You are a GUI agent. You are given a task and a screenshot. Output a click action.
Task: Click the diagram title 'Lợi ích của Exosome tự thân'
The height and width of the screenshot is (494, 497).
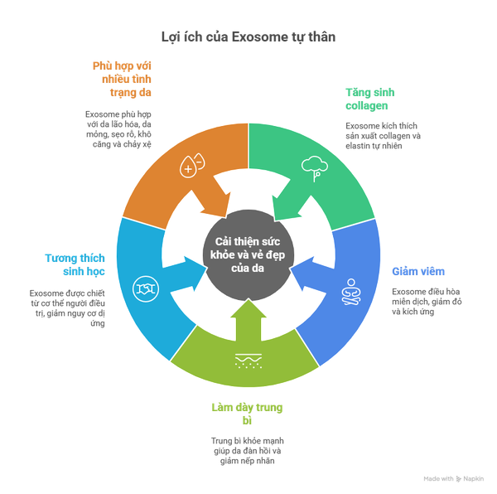pos(248,37)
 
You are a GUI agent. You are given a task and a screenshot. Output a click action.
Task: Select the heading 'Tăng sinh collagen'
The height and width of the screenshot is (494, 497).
pos(367,99)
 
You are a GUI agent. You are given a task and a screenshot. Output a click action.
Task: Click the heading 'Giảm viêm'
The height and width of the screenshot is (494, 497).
pos(418,271)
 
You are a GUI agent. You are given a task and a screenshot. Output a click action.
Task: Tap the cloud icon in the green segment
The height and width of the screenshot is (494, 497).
pos(313,167)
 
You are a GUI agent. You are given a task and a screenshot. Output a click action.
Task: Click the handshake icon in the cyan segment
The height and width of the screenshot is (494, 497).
pos(147,289)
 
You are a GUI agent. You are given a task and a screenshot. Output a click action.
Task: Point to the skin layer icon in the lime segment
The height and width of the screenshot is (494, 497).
pos(247,359)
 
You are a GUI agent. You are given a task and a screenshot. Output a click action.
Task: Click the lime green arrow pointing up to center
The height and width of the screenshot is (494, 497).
pos(248,319)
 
